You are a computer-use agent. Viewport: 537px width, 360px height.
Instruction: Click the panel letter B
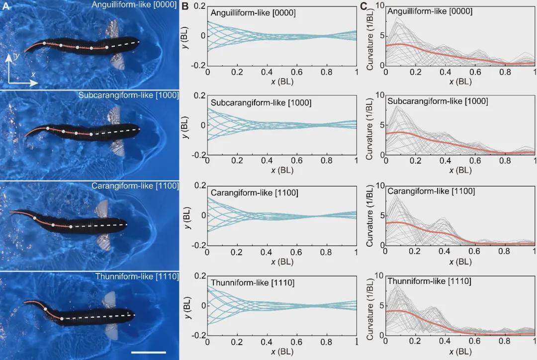coord(184,6)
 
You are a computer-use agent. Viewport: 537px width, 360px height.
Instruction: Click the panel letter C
coord(363,6)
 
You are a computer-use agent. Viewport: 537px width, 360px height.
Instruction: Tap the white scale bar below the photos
coord(148,353)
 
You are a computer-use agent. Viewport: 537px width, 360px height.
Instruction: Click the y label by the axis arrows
coord(17,57)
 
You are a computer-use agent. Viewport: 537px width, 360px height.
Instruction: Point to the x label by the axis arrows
coord(33,74)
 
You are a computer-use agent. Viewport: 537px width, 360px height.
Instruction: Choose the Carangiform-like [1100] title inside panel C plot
coord(431,191)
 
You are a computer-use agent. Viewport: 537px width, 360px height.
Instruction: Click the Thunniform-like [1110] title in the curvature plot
coord(429,281)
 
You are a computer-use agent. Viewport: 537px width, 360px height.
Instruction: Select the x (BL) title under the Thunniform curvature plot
coord(460,352)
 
